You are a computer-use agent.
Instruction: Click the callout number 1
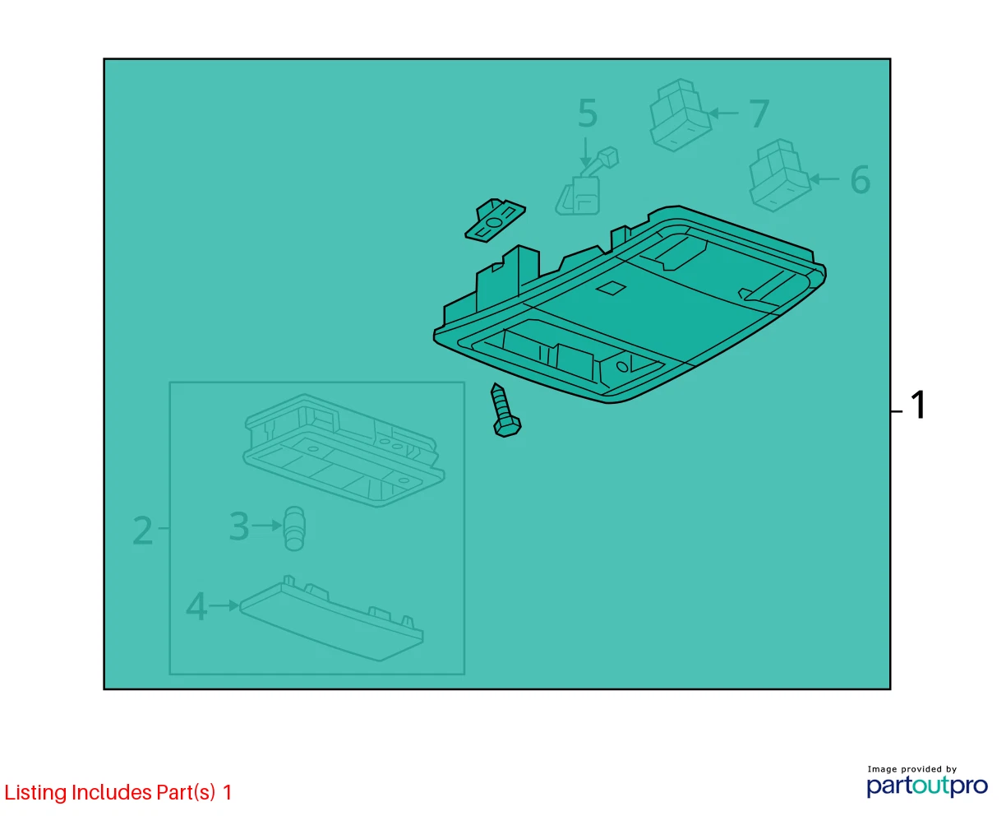coord(918,405)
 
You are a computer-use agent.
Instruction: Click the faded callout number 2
coord(143,531)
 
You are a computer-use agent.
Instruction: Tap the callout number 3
coord(239,526)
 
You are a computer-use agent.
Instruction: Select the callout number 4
coord(196,606)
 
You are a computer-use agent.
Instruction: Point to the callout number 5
coord(588,114)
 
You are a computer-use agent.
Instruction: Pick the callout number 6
coord(860,179)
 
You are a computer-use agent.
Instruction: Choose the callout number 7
coord(759,114)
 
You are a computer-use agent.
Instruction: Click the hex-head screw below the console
coord(505,410)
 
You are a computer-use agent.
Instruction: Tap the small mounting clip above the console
coord(495,220)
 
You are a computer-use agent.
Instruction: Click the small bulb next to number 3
coord(293,529)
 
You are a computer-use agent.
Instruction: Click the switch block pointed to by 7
coord(680,115)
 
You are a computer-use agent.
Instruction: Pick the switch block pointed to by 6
coord(780,175)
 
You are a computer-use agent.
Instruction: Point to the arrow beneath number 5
coord(586,152)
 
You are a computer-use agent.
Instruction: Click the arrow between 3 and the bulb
coord(267,526)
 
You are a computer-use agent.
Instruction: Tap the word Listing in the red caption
coord(35,793)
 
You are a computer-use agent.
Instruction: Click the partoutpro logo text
coord(927,786)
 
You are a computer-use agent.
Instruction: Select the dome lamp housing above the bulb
coord(344,451)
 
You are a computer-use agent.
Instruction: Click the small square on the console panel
coord(611,288)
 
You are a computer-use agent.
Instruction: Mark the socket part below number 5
coord(586,182)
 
